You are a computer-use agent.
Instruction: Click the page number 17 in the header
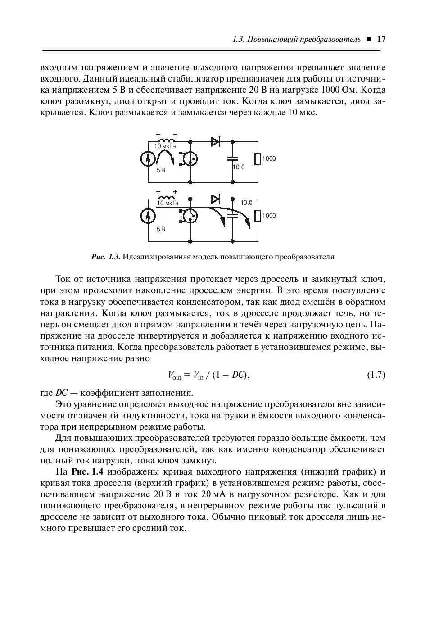pyautogui.click(x=381, y=39)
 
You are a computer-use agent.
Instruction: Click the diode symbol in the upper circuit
pyautogui.click(x=215, y=142)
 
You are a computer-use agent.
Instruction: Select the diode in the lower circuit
pyautogui.click(x=215, y=199)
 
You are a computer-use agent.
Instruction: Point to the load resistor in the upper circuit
pyautogui.click(x=258, y=159)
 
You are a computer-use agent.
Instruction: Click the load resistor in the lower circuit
pyautogui.click(x=258, y=216)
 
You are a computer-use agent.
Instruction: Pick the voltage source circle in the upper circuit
pyautogui.click(x=147, y=159)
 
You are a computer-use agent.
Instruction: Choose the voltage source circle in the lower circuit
pyautogui.click(x=147, y=216)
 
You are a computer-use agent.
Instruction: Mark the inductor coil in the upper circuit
pyautogui.click(x=166, y=140)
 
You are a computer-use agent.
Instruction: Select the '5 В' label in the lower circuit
pyautogui.click(x=161, y=229)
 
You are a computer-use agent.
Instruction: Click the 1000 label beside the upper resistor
pyautogui.click(x=269, y=159)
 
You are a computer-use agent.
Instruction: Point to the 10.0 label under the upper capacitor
pyautogui.click(x=239, y=168)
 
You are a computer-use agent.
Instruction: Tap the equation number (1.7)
pyautogui.click(x=376, y=375)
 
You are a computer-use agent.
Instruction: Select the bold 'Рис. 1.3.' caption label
pyautogui.click(x=106, y=257)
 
